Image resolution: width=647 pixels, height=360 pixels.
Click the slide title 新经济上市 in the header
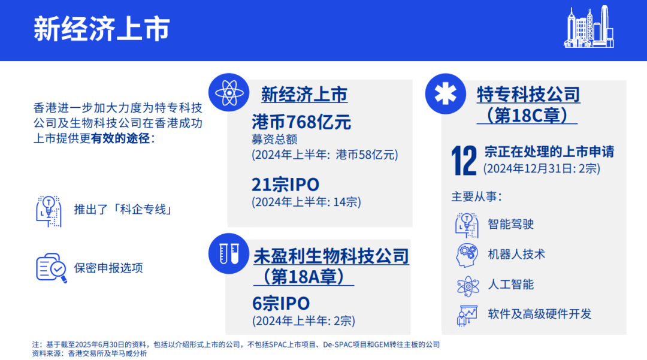point(101,29)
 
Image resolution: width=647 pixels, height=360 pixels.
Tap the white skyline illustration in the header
point(589,26)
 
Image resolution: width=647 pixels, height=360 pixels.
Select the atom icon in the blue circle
point(229,93)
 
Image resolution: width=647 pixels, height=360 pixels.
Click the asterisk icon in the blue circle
point(446,94)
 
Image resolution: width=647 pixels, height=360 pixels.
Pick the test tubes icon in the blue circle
point(229,253)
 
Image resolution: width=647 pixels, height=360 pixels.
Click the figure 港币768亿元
point(301,122)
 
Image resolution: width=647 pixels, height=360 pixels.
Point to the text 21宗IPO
point(285,184)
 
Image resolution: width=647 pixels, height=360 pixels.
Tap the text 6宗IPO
point(280,304)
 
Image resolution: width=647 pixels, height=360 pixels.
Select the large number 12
point(464,161)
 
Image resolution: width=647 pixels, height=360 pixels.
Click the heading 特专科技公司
point(528,95)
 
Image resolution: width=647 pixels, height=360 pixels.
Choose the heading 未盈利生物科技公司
point(331,256)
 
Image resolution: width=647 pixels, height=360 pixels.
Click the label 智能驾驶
point(511,225)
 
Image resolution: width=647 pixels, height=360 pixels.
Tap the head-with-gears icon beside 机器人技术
point(467,255)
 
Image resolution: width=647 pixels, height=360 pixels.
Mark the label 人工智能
point(511,285)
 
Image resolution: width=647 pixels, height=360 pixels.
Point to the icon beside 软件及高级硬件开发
point(467,316)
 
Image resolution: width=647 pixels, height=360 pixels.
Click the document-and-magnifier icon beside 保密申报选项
point(51,268)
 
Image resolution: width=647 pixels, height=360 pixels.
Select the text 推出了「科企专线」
point(123,210)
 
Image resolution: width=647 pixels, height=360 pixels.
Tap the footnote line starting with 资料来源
point(89,353)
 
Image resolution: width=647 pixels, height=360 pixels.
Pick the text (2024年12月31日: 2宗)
point(542,169)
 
